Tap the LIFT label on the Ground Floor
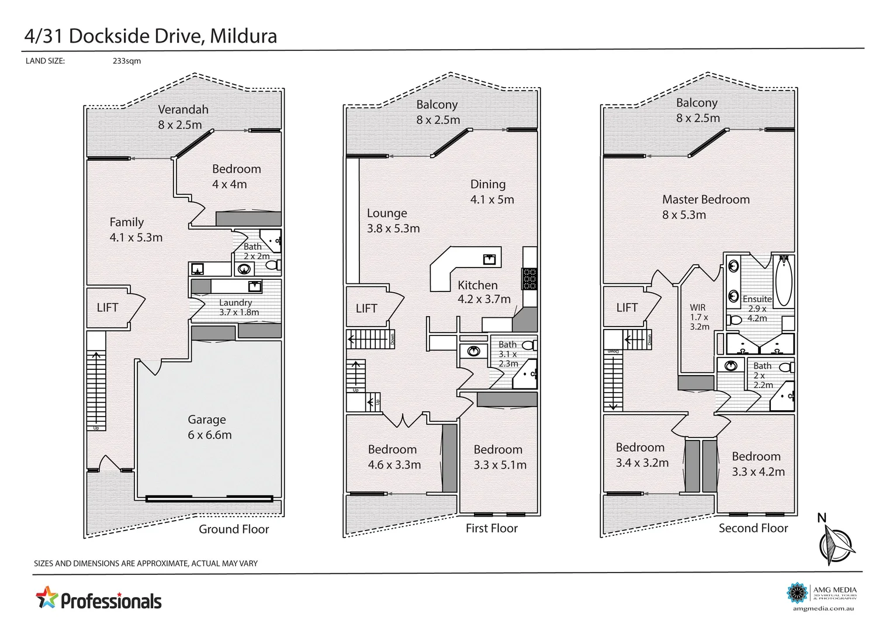[x=108, y=307]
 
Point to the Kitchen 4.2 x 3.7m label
[x=484, y=292]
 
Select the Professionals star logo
[x=47, y=598]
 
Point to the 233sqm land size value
[x=127, y=61]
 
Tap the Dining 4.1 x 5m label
[x=492, y=192]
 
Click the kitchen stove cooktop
[x=529, y=279]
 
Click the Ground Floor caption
[x=234, y=529]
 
